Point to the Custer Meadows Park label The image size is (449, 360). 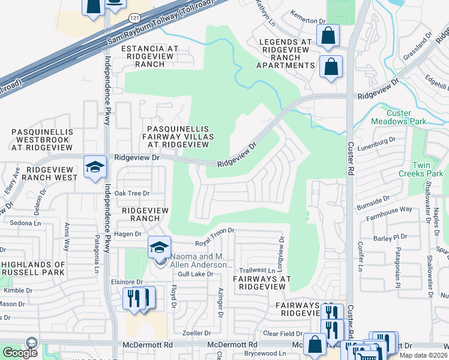pos(407,117)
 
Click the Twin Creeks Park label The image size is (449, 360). pos(427,169)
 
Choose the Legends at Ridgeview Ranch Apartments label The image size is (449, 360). pos(286,53)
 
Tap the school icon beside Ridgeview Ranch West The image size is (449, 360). pos(95,167)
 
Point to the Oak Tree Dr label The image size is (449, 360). pos(131,193)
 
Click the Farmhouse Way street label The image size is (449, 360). pos(390,209)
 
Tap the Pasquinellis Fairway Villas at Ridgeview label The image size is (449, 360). pos(178,137)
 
